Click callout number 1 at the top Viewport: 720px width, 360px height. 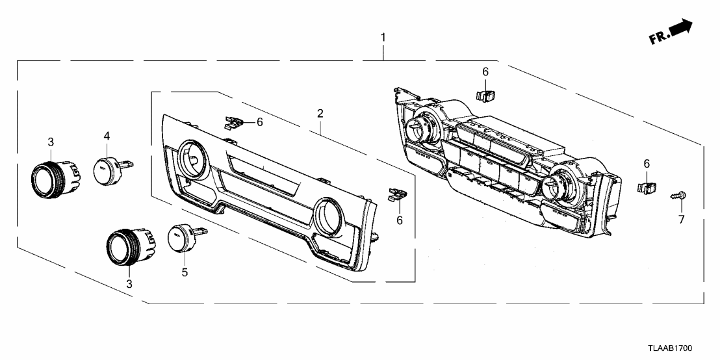[x=383, y=38]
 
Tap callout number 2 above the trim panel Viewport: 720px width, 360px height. [x=320, y=113]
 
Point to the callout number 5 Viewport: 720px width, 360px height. [x=185, y=272]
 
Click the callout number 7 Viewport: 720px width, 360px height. [x=682, y=220]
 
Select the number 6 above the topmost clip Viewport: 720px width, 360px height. [x=485, y=71]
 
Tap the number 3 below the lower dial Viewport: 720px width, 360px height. [x=129, y=283]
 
